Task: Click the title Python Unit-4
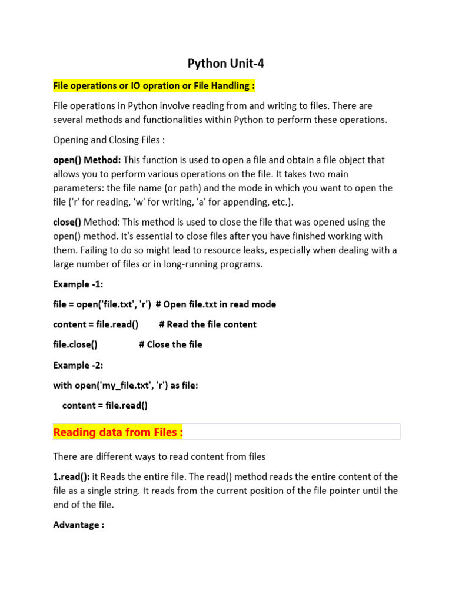point(226,63)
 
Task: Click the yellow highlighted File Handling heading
point(154,86)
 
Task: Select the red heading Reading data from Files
point(118,432)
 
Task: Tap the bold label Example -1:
point(78,284)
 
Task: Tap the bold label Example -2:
point(78,365)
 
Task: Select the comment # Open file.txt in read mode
point(216,304)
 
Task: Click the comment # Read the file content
point(208,324)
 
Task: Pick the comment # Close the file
point(171,344)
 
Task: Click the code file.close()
point(75,344)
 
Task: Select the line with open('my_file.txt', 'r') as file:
point(126,385)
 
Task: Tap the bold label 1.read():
point(71,476)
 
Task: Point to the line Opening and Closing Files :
point(109,140)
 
